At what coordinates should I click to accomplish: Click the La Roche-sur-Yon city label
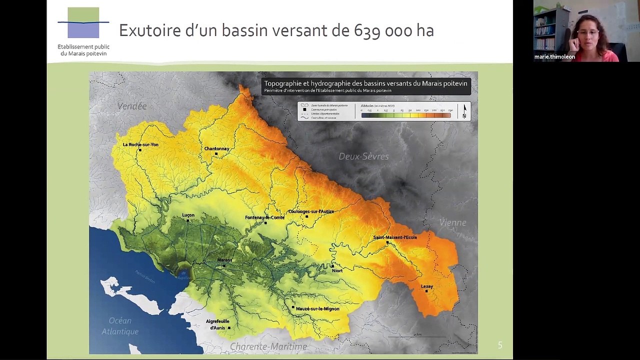click(140, 144)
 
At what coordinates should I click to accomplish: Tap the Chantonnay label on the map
click(216, 148)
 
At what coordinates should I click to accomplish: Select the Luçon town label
click(188, 215)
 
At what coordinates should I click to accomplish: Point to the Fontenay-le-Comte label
click(264, 217)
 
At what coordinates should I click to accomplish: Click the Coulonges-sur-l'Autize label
click(311, 211)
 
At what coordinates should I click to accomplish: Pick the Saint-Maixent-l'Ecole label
click(395, 237)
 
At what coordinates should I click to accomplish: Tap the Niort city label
click(337, 270)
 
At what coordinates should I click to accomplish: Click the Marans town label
click(224, 260)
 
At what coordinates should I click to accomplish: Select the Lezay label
click(427, 286)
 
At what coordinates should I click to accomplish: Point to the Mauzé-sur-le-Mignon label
click(317, 308)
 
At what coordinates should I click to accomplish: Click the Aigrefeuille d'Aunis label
click(217, 324)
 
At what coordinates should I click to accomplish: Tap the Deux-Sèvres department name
click(363, 156)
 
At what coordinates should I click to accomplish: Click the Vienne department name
click(452, 222)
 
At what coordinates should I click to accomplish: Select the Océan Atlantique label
click(120, 326)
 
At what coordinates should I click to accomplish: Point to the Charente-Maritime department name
click(268, 346)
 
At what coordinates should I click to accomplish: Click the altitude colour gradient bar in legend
click(406, 115)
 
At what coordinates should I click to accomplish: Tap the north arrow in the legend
click(464, 111)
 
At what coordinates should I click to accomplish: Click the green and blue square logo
click(83, 23)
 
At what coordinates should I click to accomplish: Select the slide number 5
click(500, 345)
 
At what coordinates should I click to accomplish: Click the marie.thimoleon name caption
click(554, 57)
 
